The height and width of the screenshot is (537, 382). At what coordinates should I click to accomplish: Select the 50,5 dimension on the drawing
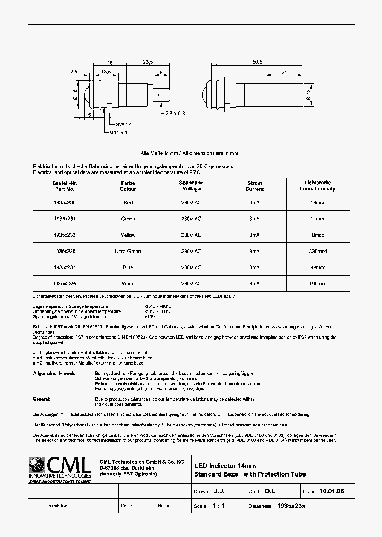(x=258, y=62)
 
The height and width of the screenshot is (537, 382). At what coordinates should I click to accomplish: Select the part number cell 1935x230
(x=64, y=202)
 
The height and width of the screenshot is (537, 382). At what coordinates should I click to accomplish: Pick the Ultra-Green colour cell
(x=127, y=251)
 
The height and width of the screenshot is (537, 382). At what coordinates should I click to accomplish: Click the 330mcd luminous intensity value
(x=318, y=251)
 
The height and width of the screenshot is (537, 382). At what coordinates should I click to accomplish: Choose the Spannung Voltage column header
(x=191, y=186)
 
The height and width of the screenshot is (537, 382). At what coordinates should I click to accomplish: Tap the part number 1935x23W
(x=64, y=284)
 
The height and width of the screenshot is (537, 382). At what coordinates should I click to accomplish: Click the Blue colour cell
(x=127, y=267)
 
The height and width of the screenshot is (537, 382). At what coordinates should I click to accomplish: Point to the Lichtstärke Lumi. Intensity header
(x=318, y=186)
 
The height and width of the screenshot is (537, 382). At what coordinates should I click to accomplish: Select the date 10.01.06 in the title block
(x=332, y=492)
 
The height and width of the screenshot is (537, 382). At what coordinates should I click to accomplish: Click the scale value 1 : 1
(x=218, y=506)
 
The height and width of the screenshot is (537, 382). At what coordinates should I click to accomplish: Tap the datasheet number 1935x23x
(x=291, y=506)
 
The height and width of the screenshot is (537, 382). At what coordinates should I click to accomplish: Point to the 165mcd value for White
(x=318, y=284)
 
